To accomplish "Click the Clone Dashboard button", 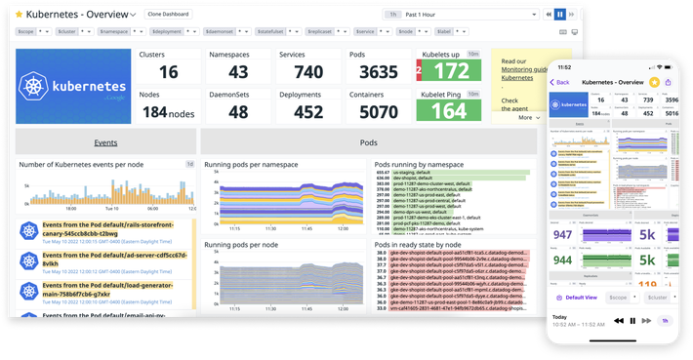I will pos(169,15).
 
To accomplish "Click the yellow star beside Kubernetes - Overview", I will pos(18,15).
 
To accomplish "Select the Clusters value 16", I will pos(168,73).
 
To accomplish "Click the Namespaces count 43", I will pos(238,73).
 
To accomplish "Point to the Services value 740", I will pos(307,73).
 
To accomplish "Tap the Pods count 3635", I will pos(378,73).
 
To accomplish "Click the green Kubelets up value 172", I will pos(450,72).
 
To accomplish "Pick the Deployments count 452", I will pos(307,112).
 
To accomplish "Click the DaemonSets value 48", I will pos(238,112).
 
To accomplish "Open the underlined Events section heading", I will pos(105,142).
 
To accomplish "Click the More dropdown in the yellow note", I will pos(528,117).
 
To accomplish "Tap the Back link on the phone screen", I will pos(560,83).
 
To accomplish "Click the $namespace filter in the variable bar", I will pos(111,32).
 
